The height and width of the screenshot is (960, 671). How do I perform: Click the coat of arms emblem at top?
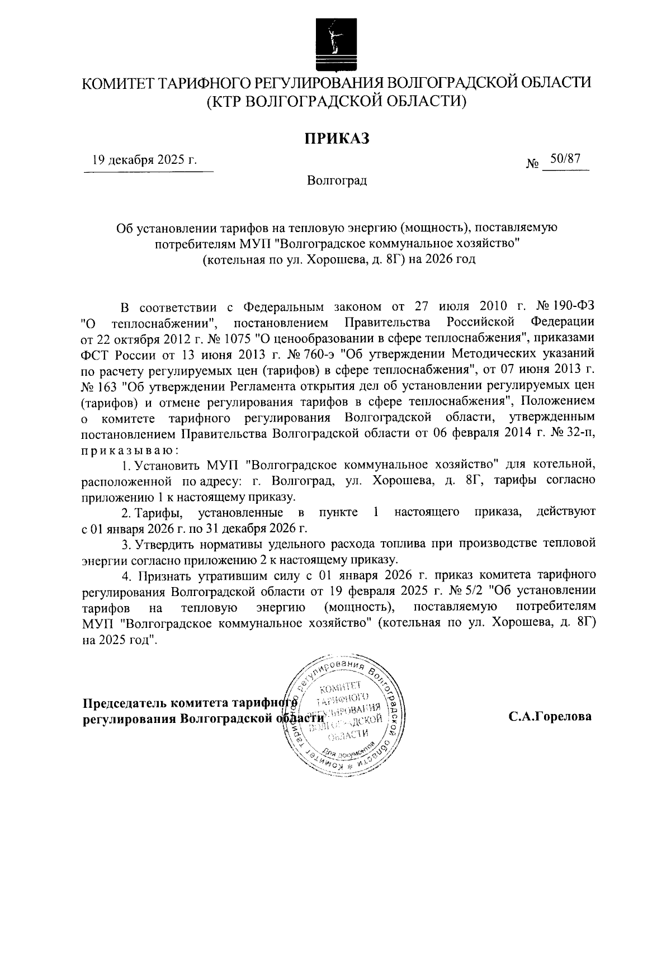(x=335, y=40)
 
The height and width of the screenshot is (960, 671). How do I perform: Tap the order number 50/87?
(x=565, y=159)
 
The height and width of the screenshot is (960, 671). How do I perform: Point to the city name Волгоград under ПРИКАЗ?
(x=337, y=181)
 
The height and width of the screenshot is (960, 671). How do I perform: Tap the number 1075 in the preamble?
(x=224, y=339)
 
